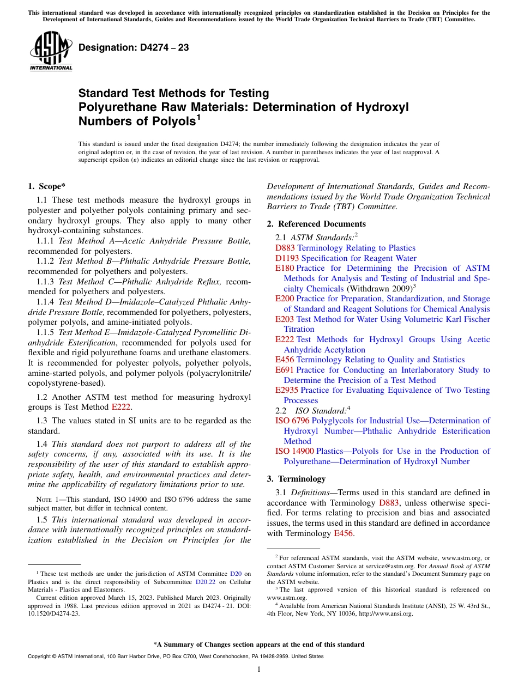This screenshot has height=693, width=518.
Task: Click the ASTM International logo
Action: coord(51,51)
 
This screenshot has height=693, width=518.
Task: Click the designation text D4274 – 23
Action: coord(134,47)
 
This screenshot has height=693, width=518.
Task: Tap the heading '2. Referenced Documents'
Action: coord(316,224)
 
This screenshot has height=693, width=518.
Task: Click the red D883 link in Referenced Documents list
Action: coord(285,248)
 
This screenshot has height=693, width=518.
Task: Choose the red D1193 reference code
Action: coord(287,258)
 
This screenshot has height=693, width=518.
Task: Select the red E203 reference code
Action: coord(285,319)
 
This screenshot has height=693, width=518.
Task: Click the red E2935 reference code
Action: coord(287,390)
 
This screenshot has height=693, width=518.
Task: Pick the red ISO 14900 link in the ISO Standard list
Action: coord(294,451)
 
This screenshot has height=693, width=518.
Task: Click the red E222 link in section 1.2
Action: coord(121,406)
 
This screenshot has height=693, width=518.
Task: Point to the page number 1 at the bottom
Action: coord(259,669)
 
